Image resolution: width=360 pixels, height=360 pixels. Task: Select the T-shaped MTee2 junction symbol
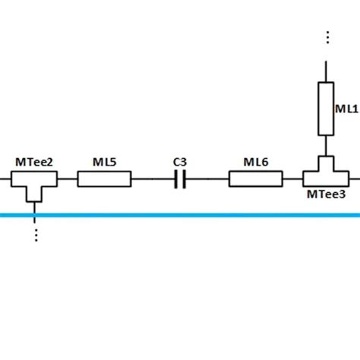35,182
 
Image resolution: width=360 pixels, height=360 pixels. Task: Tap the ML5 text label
104,163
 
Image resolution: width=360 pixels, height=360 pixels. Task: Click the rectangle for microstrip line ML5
104,179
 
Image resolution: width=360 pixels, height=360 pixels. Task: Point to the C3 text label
180,162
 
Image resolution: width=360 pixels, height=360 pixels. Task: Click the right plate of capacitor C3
185,180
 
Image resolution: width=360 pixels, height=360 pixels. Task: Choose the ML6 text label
255,162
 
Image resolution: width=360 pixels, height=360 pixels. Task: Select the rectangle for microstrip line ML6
255,179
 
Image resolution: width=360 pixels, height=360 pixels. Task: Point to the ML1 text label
347,110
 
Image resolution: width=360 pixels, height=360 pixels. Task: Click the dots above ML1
327,37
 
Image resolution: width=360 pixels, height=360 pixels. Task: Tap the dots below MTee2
35,233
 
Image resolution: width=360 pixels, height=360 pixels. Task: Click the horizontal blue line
180,215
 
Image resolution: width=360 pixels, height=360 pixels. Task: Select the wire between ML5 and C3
153,180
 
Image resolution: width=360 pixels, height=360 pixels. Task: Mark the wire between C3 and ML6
207,180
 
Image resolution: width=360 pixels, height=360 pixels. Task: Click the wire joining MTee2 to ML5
68,180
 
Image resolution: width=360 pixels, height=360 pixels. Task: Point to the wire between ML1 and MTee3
326,146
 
